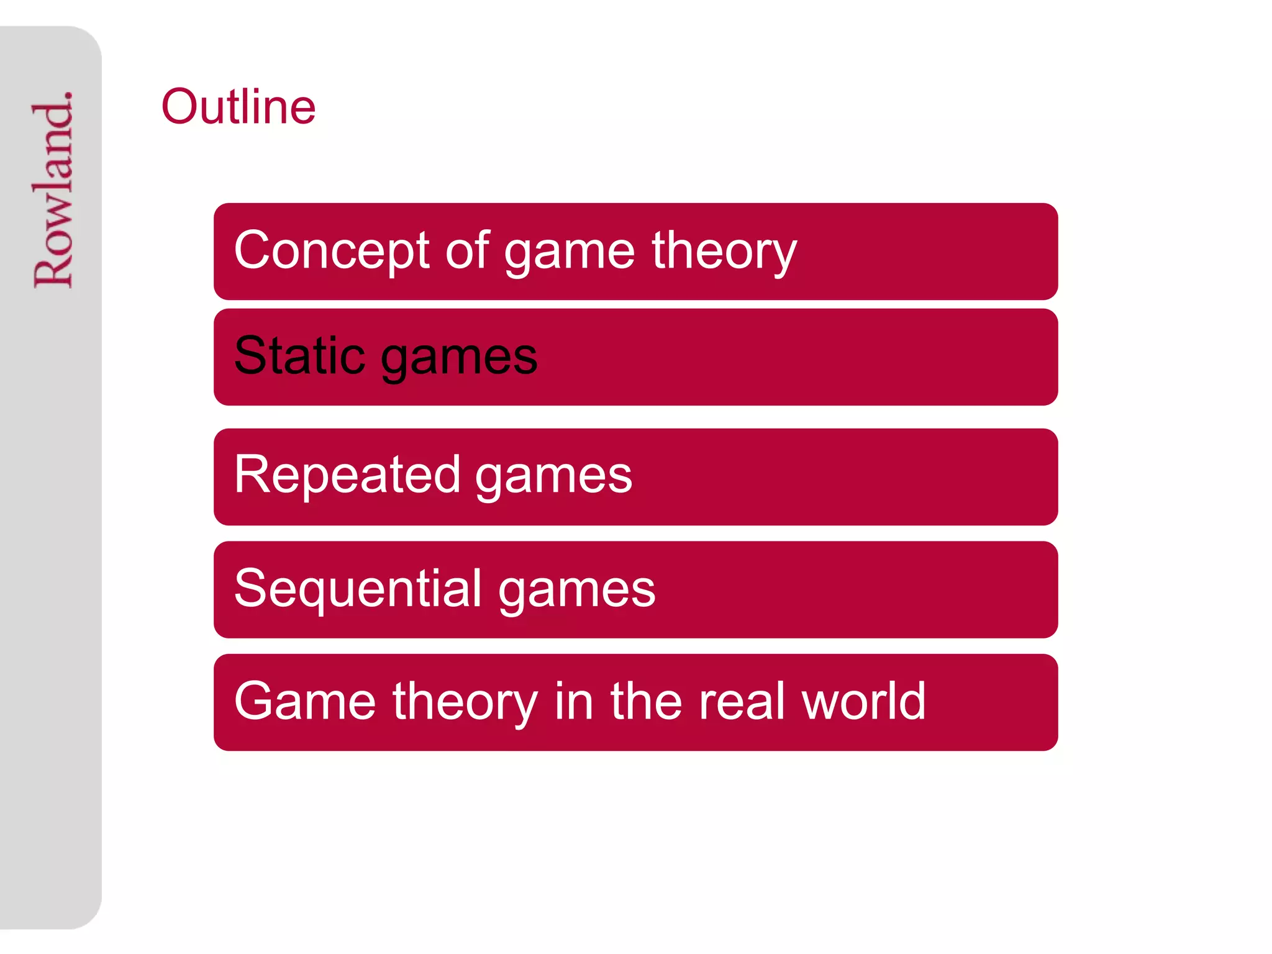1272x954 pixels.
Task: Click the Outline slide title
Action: click(x=238, y=106)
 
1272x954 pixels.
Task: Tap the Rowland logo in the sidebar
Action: click(x=53, y=189)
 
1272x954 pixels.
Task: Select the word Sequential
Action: click(x=358, y=588)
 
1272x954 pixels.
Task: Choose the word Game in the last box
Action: click(x=305, y=701)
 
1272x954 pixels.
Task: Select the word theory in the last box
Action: click(x=465, y=702)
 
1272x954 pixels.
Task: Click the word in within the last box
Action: click(x=573, y=701)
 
